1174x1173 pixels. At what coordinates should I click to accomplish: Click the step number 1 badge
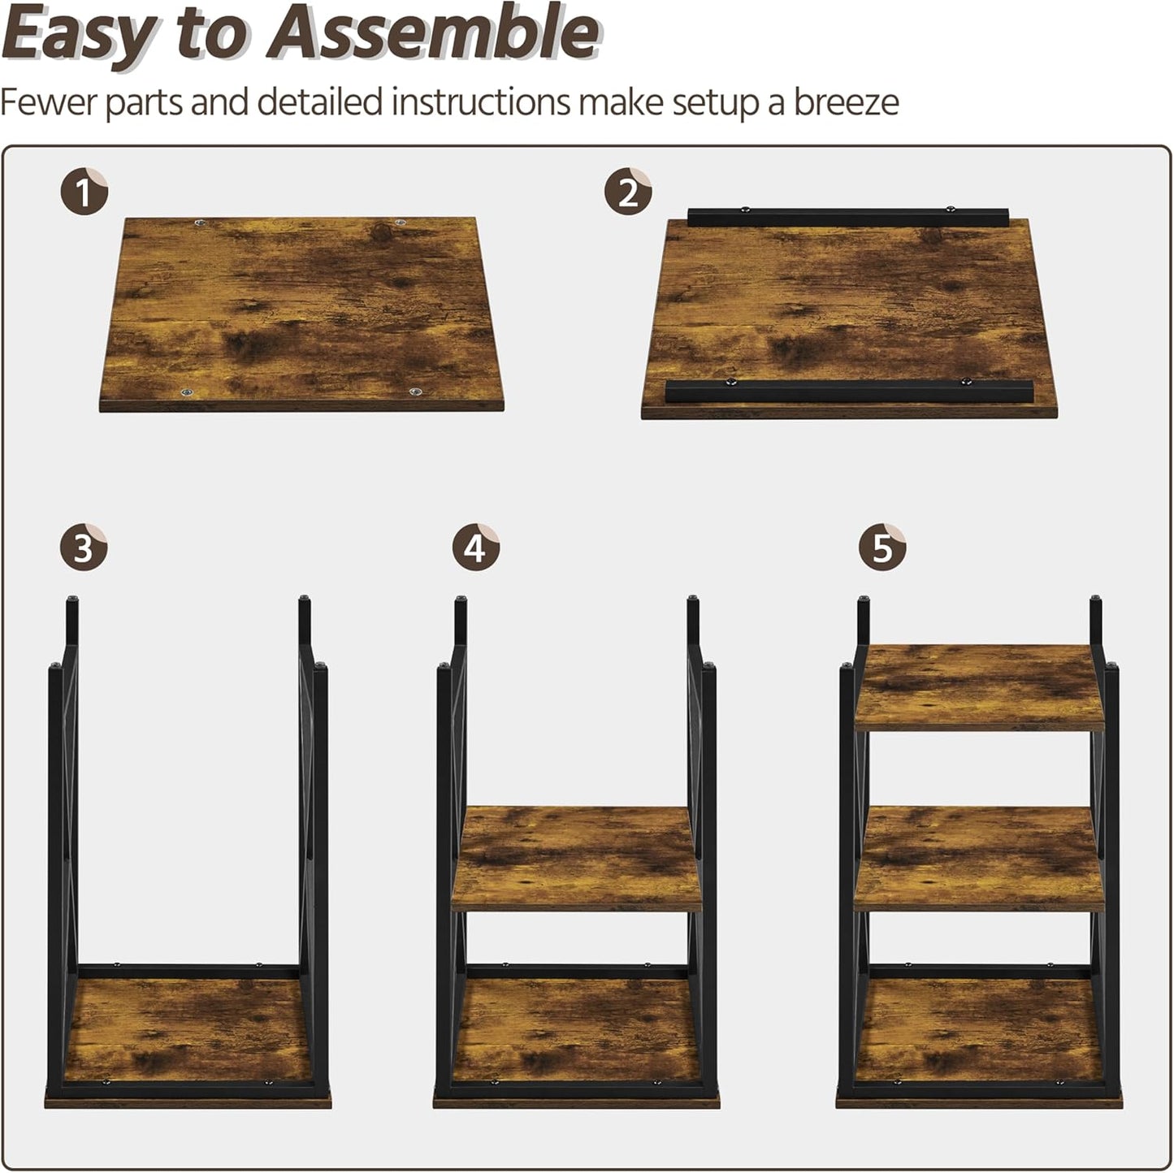coord(84,193)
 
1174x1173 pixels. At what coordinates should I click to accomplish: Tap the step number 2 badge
coord(627,193)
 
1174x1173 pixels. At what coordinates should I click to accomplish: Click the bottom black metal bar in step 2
coord(849,391)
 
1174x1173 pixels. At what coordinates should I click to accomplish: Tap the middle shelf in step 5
coord(979,857)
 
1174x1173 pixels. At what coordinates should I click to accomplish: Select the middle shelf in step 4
coord(576,857)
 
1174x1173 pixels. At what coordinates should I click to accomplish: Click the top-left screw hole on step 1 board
coord(200,223)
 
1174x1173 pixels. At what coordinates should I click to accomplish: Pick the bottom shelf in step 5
coord(979,1032)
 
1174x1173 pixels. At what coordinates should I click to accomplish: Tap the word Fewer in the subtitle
coord(49,103)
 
